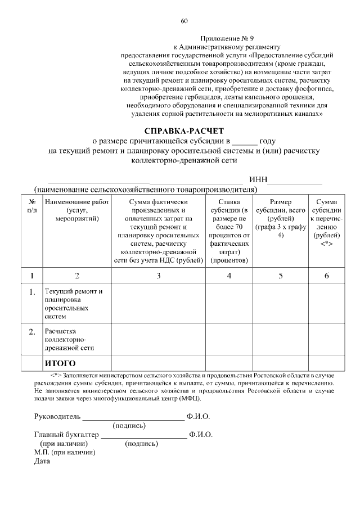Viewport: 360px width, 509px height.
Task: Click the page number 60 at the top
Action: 184,21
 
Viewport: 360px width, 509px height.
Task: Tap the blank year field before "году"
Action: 245,141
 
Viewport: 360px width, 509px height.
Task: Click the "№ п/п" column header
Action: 32,206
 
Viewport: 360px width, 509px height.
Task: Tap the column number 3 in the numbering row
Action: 159,276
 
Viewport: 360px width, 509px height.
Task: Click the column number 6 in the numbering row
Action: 326,276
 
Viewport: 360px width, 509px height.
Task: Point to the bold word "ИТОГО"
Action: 60,363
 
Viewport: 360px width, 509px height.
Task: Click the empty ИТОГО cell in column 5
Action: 281,363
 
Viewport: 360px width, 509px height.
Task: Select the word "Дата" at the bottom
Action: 42,462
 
